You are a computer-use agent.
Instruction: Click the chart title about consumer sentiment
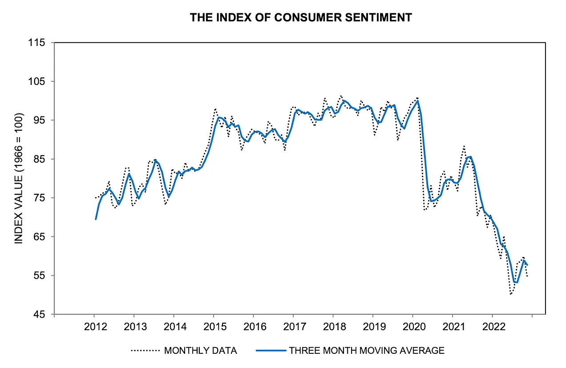(x=301, y=17)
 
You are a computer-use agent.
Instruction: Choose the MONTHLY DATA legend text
(x=200, y=351)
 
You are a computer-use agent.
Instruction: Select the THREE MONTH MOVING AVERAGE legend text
(x=367, y=351)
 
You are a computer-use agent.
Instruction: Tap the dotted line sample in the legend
(x=145, y=351)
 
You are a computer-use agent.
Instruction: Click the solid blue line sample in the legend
(x=271, y=351)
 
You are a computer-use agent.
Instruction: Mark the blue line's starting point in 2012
(x=96, y=219)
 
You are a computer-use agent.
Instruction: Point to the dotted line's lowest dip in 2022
(x=511, y=294)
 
